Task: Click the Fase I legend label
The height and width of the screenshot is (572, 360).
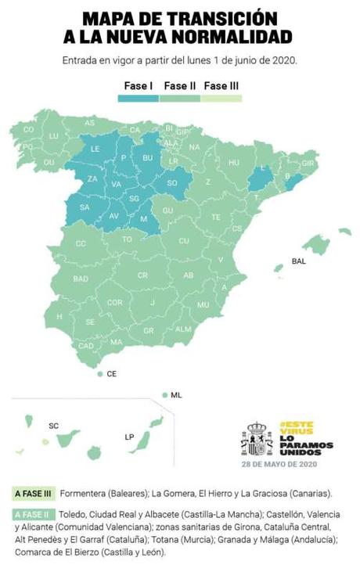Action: coord(138,86)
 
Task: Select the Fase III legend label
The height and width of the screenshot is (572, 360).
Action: coord(221,86)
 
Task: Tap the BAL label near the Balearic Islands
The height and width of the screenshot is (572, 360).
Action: coord(298,261)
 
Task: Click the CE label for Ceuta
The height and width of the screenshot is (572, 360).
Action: coord(111,375)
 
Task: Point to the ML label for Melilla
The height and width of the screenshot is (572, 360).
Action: coord(176,396)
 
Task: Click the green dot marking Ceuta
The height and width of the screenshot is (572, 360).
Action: coord(99,375)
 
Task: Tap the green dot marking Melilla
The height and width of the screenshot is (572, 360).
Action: coord(164,395)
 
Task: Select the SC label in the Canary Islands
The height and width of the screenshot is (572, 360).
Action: coord(54,426)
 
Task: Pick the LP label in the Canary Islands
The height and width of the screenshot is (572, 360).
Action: coord(129,437)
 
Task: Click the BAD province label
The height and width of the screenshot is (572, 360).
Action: coord(81,279)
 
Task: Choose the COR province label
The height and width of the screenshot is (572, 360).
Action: coord(114,302)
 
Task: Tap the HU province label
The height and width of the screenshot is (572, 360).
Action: coord(233,163)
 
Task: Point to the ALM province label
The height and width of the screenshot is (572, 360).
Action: coord(183,329)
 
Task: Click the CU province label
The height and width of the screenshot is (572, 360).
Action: coord(184,241)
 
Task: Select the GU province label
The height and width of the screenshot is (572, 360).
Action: coord(167,210)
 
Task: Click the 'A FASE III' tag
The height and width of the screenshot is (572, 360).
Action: coord(34,494)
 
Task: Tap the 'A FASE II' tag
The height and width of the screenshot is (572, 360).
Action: coord(32,515)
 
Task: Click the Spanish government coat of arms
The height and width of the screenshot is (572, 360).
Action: coord(257,439)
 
